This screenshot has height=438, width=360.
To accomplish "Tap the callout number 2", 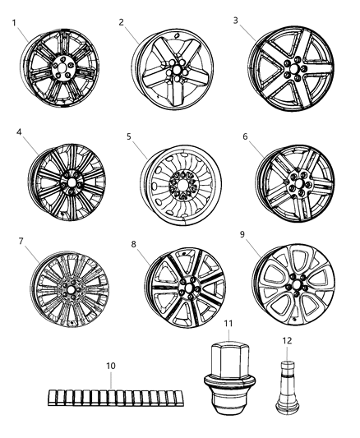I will pos(121,21).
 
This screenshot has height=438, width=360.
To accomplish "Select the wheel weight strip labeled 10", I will pos(106,397).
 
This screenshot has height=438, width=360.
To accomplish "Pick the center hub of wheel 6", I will pos(295,179).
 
